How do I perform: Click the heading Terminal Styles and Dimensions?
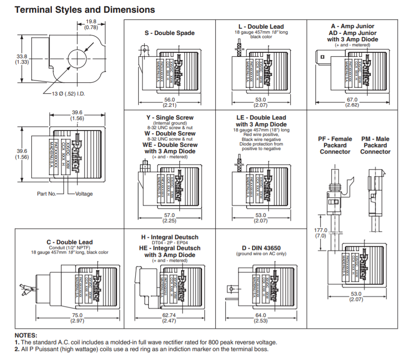tap(85, 10)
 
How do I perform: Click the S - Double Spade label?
tap(169, 33)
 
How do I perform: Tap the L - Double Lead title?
tap(261, 26)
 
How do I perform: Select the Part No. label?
tap(46, 194)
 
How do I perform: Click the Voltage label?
tap(84, 194)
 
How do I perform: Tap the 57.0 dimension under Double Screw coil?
tap(169, 215)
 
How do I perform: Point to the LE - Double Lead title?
tap(261, 118)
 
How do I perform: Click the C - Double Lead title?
tap(70, 242)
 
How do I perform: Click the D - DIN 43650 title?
tap(261, 247)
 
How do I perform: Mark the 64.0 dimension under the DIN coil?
tap(261, 315)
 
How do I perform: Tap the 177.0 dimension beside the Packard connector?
tap(321, 230)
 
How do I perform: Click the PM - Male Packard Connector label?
tap(375, 145)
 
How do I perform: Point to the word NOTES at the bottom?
tap(26, 335)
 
